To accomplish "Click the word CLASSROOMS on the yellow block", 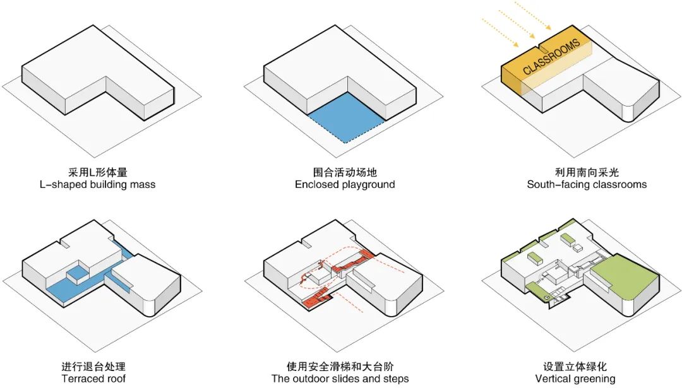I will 551,57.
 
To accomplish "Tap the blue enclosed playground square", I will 346,117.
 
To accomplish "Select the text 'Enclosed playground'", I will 344,185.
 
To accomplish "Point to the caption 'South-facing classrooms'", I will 587,185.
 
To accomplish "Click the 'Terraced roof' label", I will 93,379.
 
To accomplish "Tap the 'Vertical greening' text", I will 575,379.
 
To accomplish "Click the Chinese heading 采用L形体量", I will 102,172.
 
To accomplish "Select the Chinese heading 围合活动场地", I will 344,172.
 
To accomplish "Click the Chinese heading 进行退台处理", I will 93,366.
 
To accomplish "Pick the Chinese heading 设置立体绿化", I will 575,366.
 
